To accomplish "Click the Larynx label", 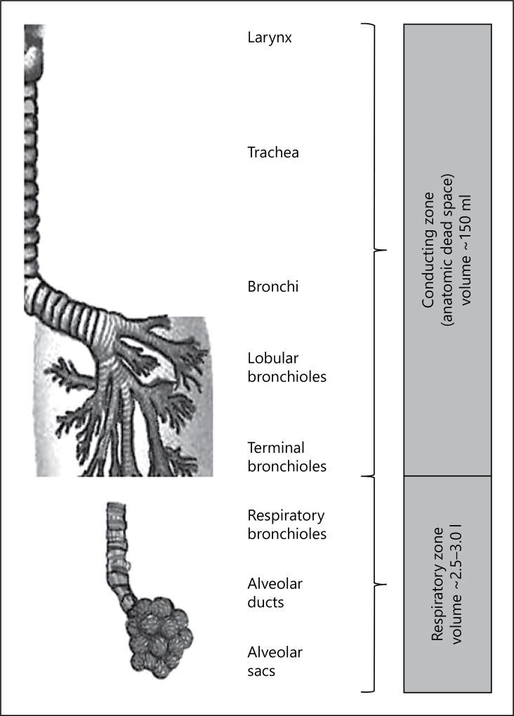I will click(270, 37).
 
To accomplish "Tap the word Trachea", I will click(273, 152).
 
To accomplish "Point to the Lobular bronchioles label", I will click(287, 366).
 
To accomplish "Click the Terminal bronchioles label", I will click(287, 456).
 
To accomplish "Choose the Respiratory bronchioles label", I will click(287, 524).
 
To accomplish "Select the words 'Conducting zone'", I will click(428, 249).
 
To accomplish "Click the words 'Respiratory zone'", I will click(437, 584).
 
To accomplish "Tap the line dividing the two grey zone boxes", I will click(447, 475).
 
